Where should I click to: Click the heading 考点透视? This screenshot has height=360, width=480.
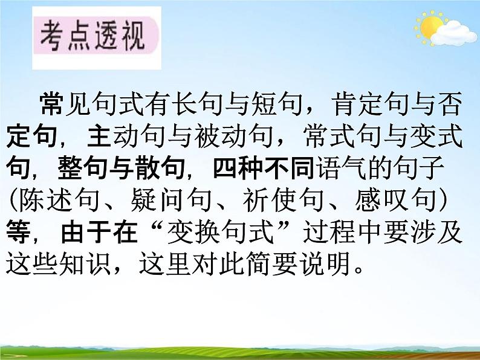click(x=92, y=38)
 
